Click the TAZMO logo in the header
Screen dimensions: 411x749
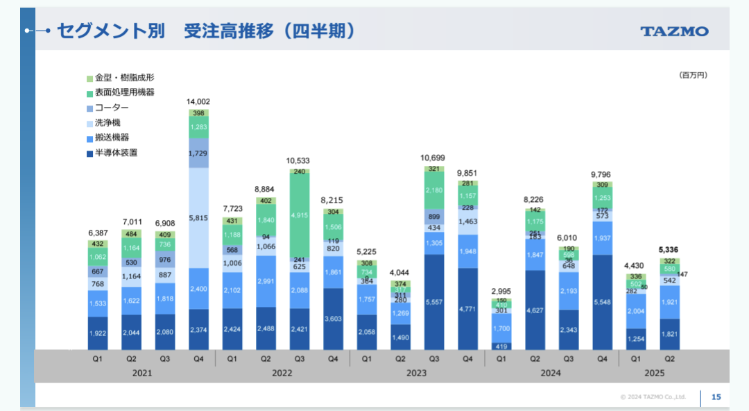click(674, 31)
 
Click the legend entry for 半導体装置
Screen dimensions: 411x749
click(115, 153)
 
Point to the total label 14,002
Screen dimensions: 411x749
click(198, 102)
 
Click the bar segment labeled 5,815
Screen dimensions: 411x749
click(198, 218)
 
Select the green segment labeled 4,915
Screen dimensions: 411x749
click(300, 215)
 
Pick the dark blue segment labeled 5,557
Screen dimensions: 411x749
click(434, 303)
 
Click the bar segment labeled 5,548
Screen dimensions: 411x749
click(602, 303)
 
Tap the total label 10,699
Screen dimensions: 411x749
click(434, 158)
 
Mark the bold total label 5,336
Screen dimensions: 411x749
click(669, 250)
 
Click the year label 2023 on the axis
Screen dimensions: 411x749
click(417, 373)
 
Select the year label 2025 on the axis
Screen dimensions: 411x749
click(653, 373)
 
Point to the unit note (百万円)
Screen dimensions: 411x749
click(693, 75)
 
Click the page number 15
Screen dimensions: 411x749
click(716, 397)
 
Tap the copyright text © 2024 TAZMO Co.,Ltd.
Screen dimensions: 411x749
click(653, 397)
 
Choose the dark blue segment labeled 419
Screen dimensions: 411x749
click(501, 346)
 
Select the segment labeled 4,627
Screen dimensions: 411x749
click(535, 310)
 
